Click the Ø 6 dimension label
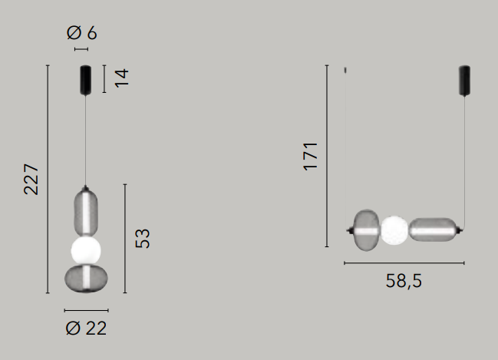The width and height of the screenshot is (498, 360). click(81, 33)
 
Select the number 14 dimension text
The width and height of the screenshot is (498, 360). click(121, 78)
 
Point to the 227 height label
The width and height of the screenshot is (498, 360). click(31, 179)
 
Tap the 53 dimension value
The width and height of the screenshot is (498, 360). click(142, 238)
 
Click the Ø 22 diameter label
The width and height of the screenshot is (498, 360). click(86, 329)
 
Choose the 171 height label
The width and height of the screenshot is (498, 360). click(311, 156)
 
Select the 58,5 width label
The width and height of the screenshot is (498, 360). click(404, 281)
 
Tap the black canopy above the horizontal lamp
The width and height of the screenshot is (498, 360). click(464, 80)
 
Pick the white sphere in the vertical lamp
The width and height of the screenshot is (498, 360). click(86, 250)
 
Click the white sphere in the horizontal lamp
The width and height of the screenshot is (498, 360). click(394, 230)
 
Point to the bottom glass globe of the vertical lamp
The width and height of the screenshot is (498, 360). click(86, 279)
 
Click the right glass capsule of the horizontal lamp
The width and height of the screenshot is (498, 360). click(433, 230)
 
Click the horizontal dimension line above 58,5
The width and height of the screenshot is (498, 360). click(404, 263)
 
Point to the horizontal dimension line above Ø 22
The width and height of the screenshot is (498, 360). click(86, 310)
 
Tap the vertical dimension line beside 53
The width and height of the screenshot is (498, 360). click(124, 239)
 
